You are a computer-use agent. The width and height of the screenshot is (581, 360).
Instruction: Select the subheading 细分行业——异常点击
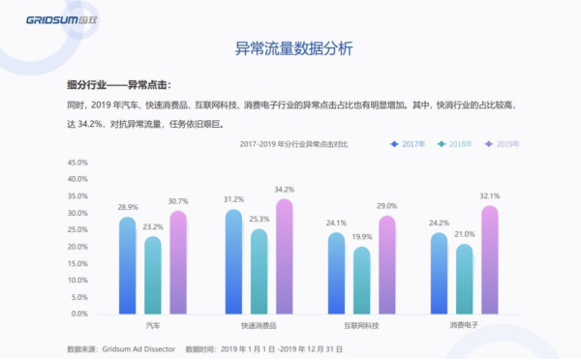coord(120,84)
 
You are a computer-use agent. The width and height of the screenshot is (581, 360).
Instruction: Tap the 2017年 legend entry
coord(410,143)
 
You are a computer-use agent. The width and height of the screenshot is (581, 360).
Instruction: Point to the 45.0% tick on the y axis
coord(76,163)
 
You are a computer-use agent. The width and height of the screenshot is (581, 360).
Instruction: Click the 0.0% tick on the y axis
coord(78,314)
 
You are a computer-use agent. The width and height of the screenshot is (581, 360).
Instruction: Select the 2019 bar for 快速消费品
coord(284,257)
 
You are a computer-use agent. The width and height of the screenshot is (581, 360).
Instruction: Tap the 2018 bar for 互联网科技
coord(362,281)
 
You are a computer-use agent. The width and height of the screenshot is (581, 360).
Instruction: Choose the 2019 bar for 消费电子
coord(489,260)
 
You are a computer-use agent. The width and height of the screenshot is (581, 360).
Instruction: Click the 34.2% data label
coord(285,190)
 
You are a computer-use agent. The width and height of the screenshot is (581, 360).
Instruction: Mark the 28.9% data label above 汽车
coord(128,207)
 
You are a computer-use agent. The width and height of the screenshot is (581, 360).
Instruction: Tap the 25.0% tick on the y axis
coord(76,229)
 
